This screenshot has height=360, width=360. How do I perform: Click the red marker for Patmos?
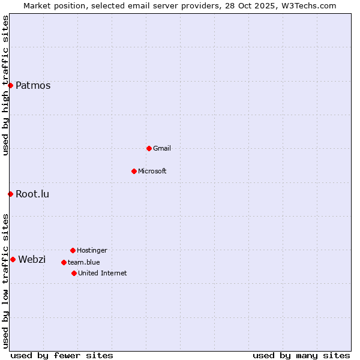pyautogui.click(x=10, y=85)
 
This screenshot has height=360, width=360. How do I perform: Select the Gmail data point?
pyautogui.click(x=149, y=148)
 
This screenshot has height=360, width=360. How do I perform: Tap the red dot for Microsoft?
pyautogui.click(x=134, y=171)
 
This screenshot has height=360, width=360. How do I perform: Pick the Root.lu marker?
pyautogui.click(x=10, y=194)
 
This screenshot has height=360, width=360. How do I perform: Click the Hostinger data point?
pyautogui.click(x=73, y=250)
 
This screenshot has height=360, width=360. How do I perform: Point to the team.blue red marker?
pyautogui.click(x=64, y=262)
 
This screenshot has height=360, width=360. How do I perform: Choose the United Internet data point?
pyautogui.click(x=74, y=273)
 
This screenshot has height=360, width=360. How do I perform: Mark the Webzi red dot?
pyautogui.click(x=13, y=259)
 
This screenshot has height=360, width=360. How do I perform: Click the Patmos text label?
pyautogui.click(x=33, y=85)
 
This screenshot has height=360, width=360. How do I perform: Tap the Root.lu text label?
pyautogui.click(x=32, y=194)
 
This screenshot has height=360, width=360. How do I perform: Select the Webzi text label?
pyautogui.click(x=32, y=259)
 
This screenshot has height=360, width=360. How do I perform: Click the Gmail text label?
pyautogui.click(x=162, y=148)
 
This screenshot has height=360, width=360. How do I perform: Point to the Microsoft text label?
pyautogui.click(x=152, y=171)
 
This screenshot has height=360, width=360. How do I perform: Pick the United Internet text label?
pyautogui.click(x=103, y=273)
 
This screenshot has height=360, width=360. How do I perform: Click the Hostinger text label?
pyautogui.click(x=92, y=250)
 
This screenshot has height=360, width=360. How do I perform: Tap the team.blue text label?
pyautogui.click(x=84, y=262)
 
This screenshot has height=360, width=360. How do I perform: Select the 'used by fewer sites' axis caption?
pyautogui.click(x=62, y=355)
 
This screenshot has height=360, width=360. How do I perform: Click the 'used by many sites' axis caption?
pyautogui.click(x=301, y=355)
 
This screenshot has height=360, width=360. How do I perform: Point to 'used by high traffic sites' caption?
pyautogui.click(x=5, y=85)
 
